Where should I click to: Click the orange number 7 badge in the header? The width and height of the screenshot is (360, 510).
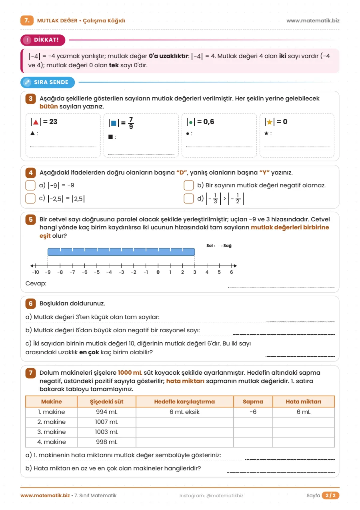tap(27, 20)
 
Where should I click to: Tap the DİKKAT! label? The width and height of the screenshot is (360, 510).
tap(43, 40)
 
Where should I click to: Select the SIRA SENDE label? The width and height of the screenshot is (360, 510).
tap(48, 82)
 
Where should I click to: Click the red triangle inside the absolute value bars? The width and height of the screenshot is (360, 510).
tap(36, 122)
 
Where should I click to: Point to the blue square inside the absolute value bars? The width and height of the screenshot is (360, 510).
tap(114, 123)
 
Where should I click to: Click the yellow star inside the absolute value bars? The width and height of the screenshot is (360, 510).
tap(270, 122)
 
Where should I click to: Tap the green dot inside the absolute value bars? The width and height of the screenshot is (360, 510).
tap(191, 122)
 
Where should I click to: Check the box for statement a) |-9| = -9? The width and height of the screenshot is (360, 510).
tap(30, 185)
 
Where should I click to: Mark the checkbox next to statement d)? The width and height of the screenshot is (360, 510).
tap(189, 198)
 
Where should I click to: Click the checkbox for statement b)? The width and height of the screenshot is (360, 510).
tap(189, 185)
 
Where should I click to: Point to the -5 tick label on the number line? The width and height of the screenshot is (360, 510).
tap(97, 272)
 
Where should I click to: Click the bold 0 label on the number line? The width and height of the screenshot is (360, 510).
tap(158, 272)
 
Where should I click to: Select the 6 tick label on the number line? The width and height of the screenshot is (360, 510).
tap(232, 272)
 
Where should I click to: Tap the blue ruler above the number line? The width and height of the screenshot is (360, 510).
tap(121, 252)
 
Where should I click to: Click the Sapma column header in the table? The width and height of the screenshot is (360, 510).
tap(253, 402)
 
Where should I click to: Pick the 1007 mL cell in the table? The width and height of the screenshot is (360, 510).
tap(106, 422)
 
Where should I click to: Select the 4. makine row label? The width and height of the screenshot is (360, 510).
tap(52, 442)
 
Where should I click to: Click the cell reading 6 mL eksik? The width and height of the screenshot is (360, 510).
tap(184, 412)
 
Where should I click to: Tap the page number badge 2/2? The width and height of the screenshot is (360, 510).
tap(330, 496)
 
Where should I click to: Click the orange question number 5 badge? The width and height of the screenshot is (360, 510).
tap(31, 219)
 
